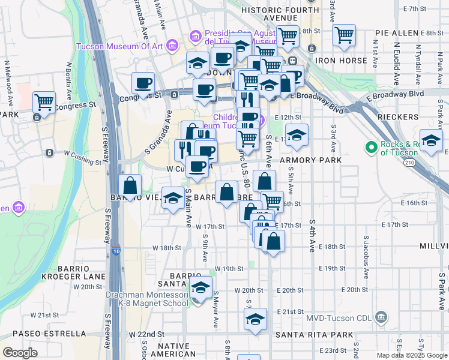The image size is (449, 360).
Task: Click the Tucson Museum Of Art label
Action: [x=121, y=46]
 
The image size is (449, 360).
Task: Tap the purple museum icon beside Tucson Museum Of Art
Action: [x=173, y=46]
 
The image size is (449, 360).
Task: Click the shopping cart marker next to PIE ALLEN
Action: [x=344, y=35]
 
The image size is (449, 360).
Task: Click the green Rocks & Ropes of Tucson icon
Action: [x=371, y=146]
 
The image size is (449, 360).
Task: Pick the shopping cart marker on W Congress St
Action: [x=44, y=103]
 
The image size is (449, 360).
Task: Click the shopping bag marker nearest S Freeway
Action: [x=130, y=185]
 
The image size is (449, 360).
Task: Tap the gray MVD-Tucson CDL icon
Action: [x=380, y=317]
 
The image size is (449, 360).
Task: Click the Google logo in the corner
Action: [x=20, y=353]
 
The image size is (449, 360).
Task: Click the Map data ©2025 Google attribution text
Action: [x=411, y=355]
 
